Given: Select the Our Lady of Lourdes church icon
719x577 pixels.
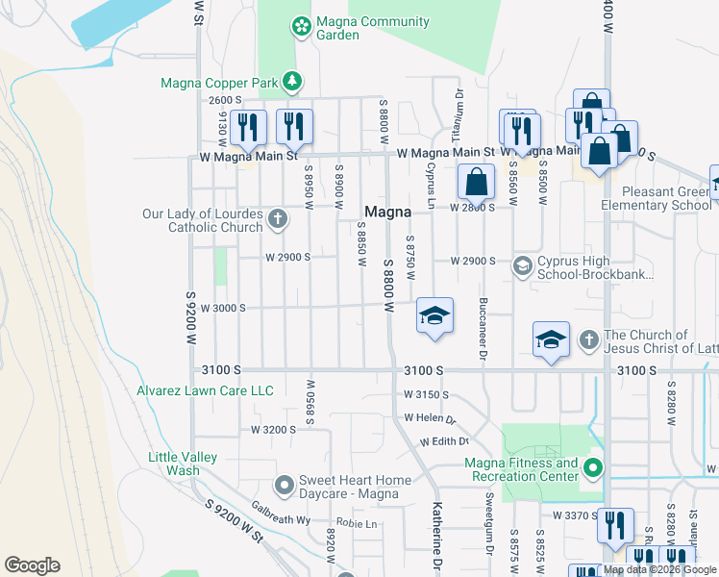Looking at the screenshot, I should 277,218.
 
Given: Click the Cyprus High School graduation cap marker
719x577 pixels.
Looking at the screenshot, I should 523,265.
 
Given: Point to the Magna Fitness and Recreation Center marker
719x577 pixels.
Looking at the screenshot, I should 593,469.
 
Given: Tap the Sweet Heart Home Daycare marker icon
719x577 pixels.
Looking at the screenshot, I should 284,486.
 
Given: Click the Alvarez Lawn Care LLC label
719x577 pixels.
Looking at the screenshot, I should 205,390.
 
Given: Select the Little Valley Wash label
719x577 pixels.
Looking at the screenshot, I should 183,464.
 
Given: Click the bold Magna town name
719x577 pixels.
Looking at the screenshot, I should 387,212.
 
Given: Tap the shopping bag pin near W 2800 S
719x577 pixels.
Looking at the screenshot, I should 476,180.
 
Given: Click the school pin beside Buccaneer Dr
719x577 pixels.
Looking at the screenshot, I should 434,315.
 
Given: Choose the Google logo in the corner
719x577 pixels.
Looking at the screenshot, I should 32,565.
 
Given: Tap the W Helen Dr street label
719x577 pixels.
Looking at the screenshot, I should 429,418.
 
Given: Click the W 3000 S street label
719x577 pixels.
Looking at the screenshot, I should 223,308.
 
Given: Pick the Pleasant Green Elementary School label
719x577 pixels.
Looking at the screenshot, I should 656,198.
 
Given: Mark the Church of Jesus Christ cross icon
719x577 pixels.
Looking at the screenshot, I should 589,339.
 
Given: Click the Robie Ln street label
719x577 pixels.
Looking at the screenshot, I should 358,524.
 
